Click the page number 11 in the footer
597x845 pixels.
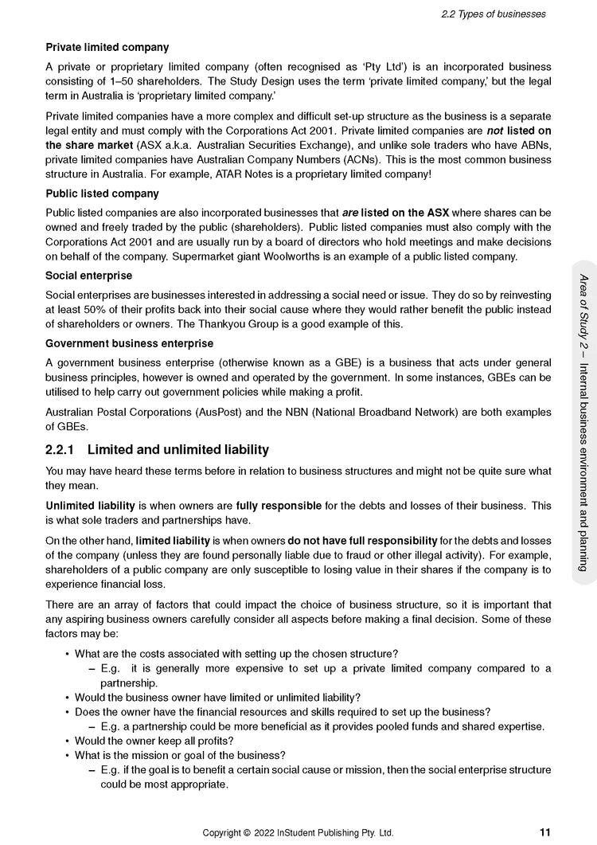(544, 832)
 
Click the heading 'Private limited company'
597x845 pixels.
(107, 48)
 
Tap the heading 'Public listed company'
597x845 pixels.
(102, 194)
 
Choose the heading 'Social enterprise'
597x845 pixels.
(88, 276)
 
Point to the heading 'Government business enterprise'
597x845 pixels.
(129, 343)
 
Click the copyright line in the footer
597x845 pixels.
(298, 833)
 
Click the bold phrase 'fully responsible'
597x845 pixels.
(279, 506)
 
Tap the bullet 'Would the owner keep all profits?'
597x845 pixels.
(154, 741)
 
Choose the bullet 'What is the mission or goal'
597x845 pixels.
(180, 755)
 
